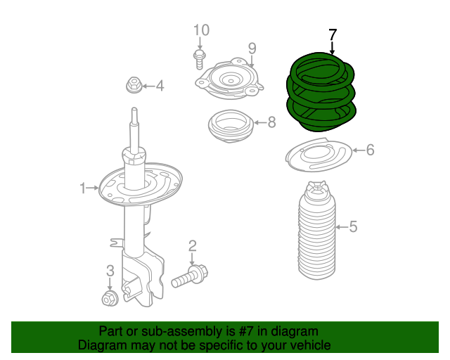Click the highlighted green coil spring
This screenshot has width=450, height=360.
(321, 95)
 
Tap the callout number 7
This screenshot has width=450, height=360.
(333, 34)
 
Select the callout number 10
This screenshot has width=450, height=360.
(201, 30)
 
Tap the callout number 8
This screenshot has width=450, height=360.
(271, 122)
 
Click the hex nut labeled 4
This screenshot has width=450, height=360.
(133, 86)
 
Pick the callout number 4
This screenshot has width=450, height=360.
(160, 86)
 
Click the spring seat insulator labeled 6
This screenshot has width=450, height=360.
(317, 156)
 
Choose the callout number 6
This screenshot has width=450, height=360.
(370, 150)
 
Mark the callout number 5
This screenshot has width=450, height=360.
(353, 226)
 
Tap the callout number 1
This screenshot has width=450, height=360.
(83, 188)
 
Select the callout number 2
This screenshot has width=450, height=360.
(192, 245)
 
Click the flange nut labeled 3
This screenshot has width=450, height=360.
(109, 298)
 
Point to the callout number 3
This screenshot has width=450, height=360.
(110, 271)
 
